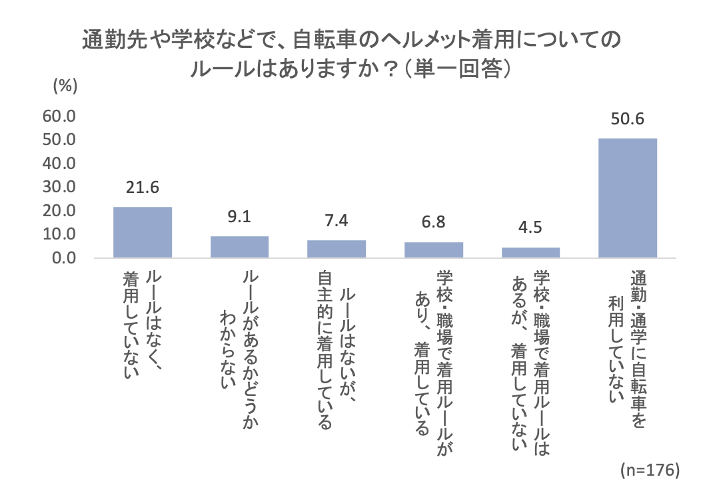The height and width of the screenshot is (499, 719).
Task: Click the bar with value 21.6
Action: click(143, 232)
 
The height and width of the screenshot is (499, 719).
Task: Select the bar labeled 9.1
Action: click(239, 247)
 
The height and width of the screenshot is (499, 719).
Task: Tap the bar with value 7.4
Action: click(337, 249)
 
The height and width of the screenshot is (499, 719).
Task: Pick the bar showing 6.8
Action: click(434, 249)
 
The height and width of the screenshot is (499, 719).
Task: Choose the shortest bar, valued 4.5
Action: click(530, 252)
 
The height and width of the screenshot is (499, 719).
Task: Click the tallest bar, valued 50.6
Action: click(628, 198)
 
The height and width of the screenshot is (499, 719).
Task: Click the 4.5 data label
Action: click(530, 228)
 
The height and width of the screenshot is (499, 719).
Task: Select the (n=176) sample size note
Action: click(649, 470)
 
